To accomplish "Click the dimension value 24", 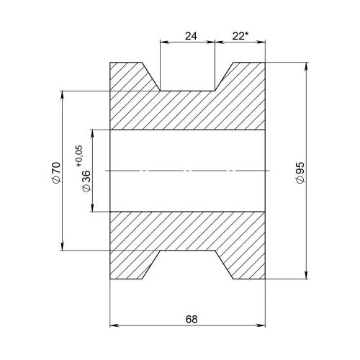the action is [191, 36].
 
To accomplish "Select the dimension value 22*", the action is [240, 36].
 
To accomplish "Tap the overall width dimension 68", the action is [192, 319].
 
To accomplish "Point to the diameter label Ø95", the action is [300, 173].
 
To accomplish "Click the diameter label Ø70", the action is [56, 173].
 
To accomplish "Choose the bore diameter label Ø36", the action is [86, 181].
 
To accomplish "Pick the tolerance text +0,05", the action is [79, 156].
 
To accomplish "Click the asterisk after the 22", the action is [247, 34].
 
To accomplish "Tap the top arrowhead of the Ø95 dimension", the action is [306, 67].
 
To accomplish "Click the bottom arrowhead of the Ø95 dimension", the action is [306, 275].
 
